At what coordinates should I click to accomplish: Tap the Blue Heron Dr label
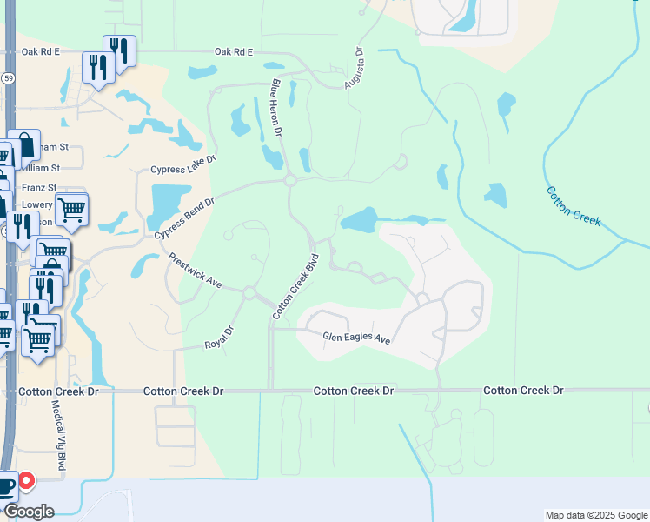(277, 107)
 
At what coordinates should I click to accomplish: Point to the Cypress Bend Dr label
(183, 218)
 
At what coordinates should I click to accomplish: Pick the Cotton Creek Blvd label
(296, 285)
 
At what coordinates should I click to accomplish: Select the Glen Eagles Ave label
(356, 337)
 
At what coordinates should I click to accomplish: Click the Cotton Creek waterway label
(573, 205)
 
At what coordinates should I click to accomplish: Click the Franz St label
(39, 187)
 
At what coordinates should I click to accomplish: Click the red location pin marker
(26, 480)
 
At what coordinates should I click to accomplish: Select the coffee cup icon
(6, 485)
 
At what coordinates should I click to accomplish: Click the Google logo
(28, 512)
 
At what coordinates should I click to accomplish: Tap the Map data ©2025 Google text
(595, 515)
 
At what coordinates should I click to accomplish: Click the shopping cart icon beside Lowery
(71, 208)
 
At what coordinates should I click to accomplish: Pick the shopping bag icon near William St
(24, 145)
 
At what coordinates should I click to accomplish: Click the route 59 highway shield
(6, 77)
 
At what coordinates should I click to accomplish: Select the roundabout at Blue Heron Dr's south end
(289, 181)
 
